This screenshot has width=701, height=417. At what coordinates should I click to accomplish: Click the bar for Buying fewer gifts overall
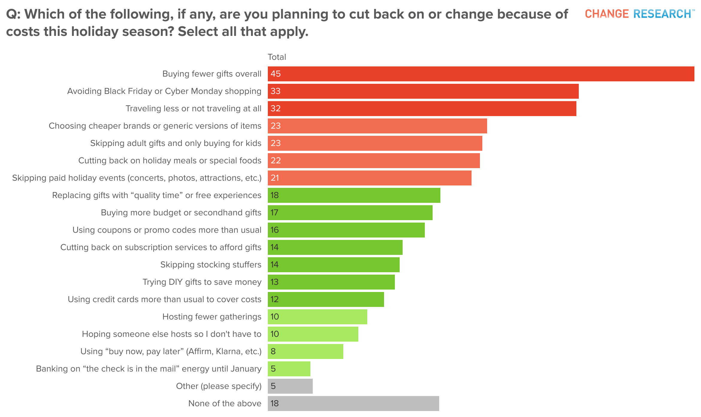481,74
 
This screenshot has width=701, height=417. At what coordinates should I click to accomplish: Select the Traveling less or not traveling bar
422,109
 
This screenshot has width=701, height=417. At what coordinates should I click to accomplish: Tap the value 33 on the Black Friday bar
276,91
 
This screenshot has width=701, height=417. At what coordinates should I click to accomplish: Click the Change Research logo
639,14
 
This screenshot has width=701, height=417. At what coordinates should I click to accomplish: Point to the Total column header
277,57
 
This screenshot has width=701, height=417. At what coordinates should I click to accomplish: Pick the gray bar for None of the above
353,404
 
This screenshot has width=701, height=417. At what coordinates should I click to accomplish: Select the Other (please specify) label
219,386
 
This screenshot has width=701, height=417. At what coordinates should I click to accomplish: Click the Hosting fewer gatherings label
212,317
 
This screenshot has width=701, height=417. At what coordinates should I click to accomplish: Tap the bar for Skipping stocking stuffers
334,265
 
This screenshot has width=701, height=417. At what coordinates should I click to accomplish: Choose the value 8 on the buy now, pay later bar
273,351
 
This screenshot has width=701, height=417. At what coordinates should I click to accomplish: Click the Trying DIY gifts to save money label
202,282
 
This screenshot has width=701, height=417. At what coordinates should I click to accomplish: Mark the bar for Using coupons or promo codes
346,230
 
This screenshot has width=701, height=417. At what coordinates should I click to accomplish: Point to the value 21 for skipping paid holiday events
275,178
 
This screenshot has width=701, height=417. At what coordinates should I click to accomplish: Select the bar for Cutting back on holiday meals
374,161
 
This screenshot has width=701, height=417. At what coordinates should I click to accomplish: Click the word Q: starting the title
13,14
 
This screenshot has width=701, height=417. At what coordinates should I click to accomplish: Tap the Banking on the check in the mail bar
289,369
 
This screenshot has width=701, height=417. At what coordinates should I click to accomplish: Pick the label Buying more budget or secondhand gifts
181,213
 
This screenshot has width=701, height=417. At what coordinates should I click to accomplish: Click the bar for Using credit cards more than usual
326,299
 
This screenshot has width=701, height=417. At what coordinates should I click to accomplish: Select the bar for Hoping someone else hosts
313,334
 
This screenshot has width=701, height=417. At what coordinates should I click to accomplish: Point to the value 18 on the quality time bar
275,195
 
